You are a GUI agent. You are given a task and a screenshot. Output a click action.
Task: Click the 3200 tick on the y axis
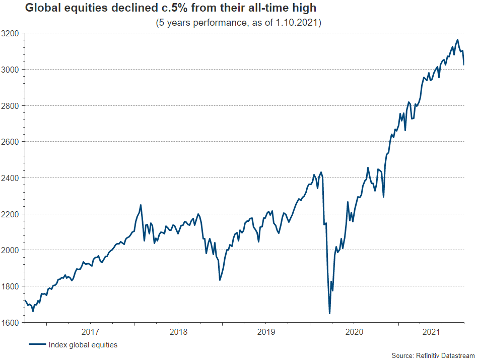[x=11, y=33]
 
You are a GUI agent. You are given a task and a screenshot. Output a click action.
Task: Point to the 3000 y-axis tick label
[x=11, y=69]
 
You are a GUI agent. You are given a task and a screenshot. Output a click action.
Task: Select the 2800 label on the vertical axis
[x=11, y=105]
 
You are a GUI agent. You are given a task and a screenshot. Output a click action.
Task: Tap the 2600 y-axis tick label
[x=11, y=142]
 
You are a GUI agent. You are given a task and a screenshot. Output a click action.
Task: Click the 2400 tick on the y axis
[x=11, y=178]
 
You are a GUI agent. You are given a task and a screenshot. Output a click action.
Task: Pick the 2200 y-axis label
[x=11, y=214]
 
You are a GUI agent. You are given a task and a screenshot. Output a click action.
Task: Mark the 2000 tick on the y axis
[x=11, y=250]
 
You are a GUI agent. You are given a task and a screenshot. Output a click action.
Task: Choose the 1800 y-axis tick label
[x=11, y=286]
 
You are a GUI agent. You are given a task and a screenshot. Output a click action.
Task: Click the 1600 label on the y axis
[x=11, y=322]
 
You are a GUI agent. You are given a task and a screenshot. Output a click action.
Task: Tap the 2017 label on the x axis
[x=90, y=332]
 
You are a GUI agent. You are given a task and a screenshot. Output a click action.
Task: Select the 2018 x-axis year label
[x=178, y=332]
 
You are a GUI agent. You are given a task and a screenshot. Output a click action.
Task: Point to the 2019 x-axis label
[x=265, y=332]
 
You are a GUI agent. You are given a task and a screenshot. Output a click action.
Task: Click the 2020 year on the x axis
[x=354, y=332]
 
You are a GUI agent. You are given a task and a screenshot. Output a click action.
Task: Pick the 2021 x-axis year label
[x=432, y=332]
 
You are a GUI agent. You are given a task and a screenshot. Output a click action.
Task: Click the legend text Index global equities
[x=83, y=345]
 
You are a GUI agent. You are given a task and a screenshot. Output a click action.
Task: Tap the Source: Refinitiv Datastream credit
[x=433, y=356]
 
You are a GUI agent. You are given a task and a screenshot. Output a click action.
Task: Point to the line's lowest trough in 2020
[x=329, y=313]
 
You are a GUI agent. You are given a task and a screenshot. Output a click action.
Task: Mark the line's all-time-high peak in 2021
[x=457, y=39]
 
